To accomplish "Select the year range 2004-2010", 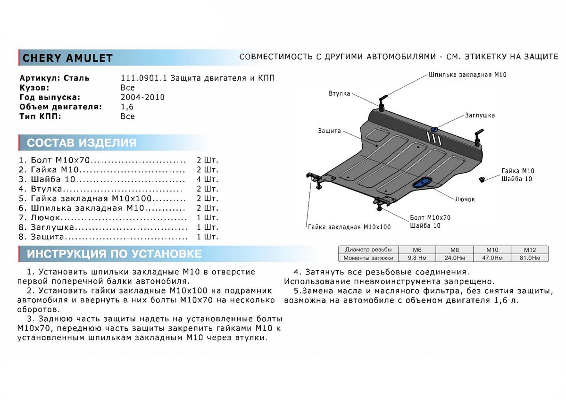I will point(142,97).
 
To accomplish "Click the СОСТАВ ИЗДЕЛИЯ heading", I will point(82,143).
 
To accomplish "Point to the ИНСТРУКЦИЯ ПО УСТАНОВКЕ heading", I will point(114,254).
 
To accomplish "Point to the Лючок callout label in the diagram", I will point(465,199).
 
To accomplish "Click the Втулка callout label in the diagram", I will point(339,93).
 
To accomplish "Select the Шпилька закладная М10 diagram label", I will point(460,75).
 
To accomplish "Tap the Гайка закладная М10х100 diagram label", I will point(350,227).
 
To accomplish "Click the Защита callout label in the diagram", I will point(329,131).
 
